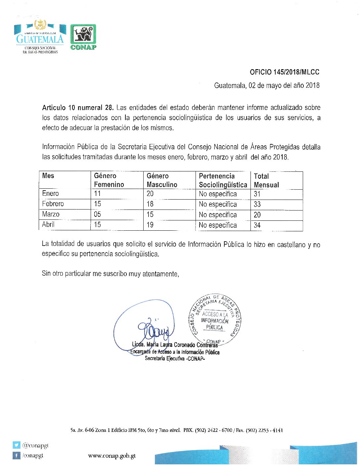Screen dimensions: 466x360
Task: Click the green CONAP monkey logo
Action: click(x=83, y=37)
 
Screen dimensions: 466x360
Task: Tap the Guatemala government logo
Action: click(x=40, y=37)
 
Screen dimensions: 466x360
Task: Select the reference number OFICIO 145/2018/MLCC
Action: click(x=284, y=72)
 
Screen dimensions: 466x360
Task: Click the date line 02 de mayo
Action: click(x=267, y=85)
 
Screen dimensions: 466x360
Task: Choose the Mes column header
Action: click(x=48, y=176)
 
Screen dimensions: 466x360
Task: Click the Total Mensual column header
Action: click(x=266, y=180)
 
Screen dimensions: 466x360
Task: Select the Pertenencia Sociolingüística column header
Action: click(x=223, y=180)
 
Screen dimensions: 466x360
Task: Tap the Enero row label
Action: click(x=51, y=194)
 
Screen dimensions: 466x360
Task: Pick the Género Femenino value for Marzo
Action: click(x=97, y=214)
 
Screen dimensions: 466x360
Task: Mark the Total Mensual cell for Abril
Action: click(x=257, y=225)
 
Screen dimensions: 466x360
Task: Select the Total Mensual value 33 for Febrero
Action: click(x=257, y=205)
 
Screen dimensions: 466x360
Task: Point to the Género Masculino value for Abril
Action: click(x=150, y=225)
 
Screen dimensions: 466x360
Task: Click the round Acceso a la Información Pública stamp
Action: click(x=215, y=318)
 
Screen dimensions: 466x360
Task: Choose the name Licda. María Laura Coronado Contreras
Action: click(x=175, y=345)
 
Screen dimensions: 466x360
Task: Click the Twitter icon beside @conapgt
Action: click(x=16, y=445)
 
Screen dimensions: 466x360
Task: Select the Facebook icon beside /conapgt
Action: click(x=16, y=456)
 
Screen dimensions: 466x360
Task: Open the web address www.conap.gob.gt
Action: click(x=112, y=456)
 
